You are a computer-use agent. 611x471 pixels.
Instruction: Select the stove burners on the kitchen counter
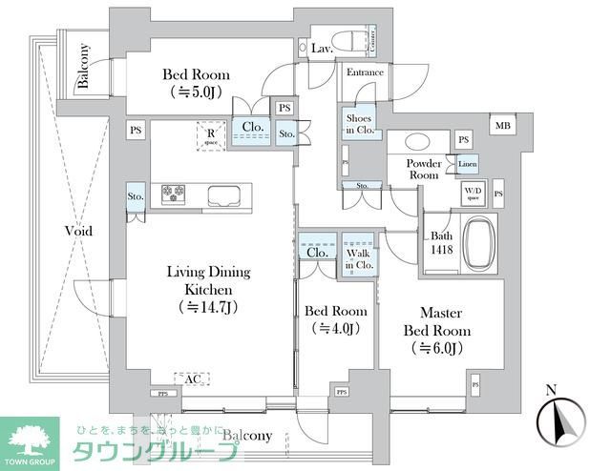pyautogui.click(x=175, y=194)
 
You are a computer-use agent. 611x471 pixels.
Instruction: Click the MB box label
pyautogui.click(x=501, y=125)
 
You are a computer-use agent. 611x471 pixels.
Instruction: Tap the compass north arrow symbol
pyautogui.click(x=559, y=420)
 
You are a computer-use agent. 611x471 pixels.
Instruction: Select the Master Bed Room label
pyautogui.click(x=434, y=321)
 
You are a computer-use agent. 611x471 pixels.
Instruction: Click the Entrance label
pyautogui.click(x=364, y=72)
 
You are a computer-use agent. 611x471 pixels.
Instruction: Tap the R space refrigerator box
pyautogui.click(x=209, y=136)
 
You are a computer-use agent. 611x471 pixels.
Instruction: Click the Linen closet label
pyautogui.click(x=467, y=165)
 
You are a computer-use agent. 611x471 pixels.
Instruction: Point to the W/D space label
pyautogui.click(x=474, y=195)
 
